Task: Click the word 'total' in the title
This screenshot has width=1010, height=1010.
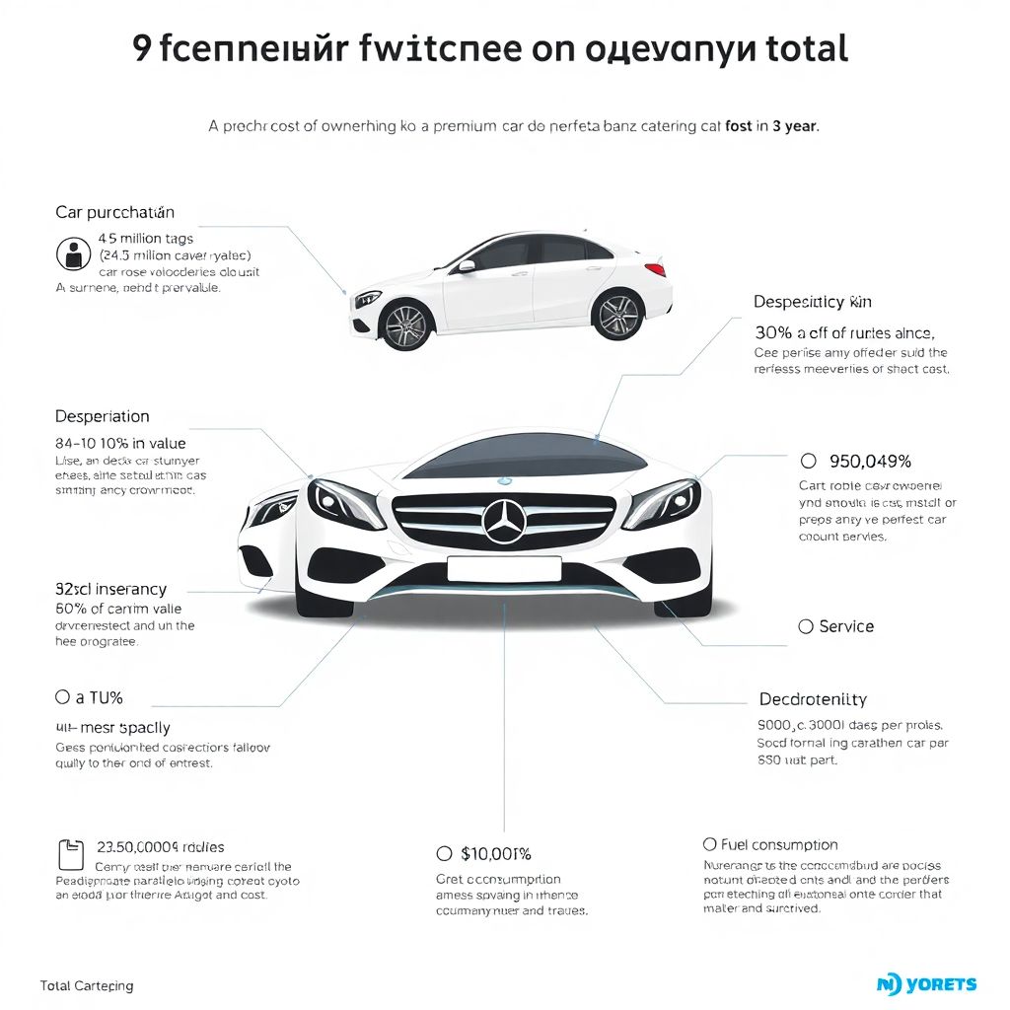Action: click(x=800, y=48)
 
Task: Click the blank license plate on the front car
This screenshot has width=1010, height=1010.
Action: click(x=504, y=568)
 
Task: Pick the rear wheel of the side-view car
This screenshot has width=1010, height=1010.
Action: click(x=617, y=315)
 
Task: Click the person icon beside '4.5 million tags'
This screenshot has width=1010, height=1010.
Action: click(x=73, y=254)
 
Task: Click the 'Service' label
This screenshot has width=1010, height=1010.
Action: click(x=846, y=626)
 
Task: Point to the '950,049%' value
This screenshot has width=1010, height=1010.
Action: click(x=872, y=461)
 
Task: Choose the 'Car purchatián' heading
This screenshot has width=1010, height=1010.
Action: click(x=114, y=212)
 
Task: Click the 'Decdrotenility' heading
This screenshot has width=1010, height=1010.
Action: click(x=813, y=699)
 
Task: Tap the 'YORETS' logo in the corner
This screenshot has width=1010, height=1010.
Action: click(x=926, y=983)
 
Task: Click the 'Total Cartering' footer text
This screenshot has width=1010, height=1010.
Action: click(x=87, y=985)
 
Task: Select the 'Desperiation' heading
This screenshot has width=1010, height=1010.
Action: click(x=103, y=416)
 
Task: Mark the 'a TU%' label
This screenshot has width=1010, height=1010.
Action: click(x=99, y=697)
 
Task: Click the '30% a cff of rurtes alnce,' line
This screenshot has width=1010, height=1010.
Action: click(x=844, y=333)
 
